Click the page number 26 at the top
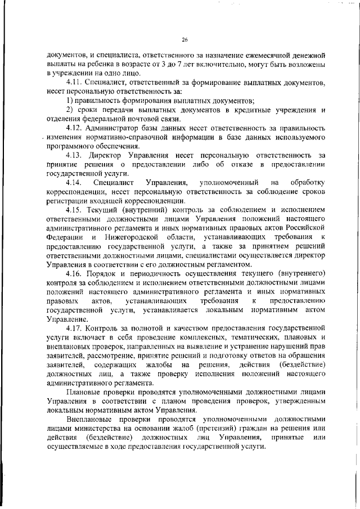point(184,39)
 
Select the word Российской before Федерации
point(301,228)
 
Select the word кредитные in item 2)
point(254,110)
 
